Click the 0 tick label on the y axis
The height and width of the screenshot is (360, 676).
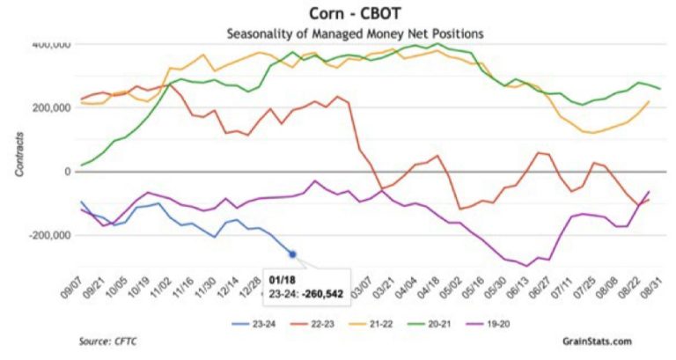(67, 172)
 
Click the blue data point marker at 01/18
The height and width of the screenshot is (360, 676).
(292, 254)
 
